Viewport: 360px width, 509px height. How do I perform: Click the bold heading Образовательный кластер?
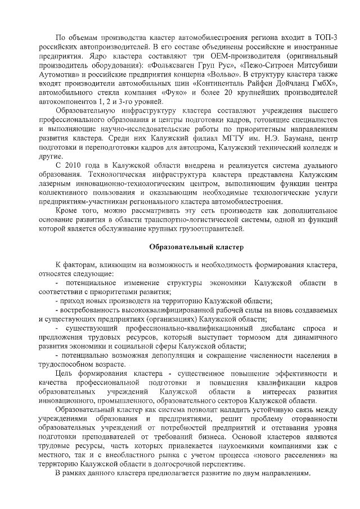(x=188, y=247)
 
